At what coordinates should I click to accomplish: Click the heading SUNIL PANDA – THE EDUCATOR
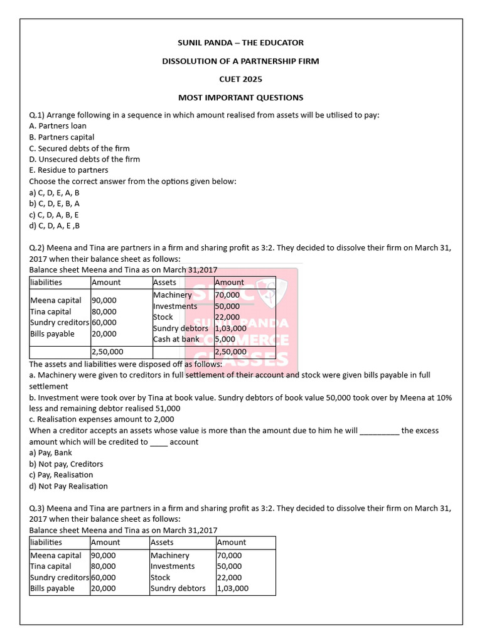point(241,43)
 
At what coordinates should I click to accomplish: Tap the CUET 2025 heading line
point(241,79)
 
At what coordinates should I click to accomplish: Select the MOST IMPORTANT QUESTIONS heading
point(241,97)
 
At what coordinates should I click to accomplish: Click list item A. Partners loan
point(58,126)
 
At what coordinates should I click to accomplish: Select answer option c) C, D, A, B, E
point(54,214)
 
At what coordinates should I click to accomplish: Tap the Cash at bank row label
point(176,339)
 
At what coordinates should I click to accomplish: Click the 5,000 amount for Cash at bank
point(225,339)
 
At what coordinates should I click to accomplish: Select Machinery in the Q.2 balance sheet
point(172,295)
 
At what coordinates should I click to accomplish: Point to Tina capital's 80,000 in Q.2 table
point(104,311)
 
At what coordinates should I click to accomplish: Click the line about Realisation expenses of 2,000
point(102,419)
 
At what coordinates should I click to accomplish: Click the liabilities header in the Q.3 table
point(46,542)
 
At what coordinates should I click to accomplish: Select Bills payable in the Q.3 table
point(52,588)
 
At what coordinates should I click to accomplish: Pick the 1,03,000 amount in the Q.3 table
point(232,588)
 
